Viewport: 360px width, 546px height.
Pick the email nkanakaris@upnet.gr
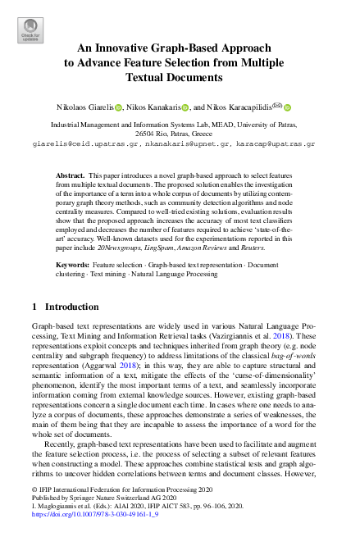click(181, 143)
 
